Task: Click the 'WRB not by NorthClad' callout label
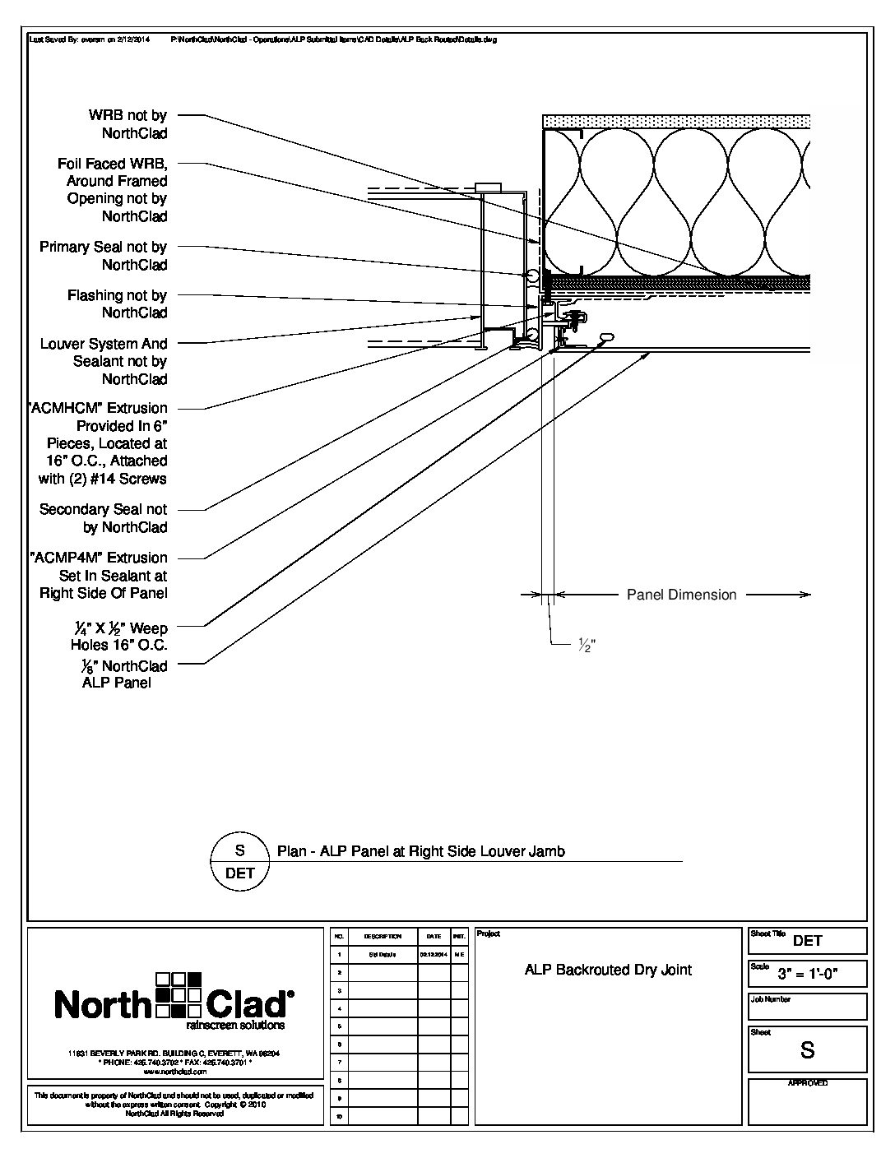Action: (x=128, y=124)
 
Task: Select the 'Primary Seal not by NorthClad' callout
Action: (x=104, y=256)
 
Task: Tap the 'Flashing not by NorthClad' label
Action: (x=118, y=303)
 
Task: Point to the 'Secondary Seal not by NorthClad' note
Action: (x=104, y=518)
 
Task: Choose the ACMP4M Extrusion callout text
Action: (x=100, y=575)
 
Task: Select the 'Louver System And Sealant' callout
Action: (x=104, y=361)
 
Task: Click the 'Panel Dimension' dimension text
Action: (x=681, y=595)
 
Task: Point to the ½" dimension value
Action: (x=586, y=646)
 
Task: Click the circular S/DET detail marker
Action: (x=239, y=861)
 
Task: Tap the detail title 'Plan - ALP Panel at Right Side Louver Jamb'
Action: (x=421, y=851)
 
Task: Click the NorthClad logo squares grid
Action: (x=179, y=995)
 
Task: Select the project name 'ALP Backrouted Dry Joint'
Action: (x=608, y=970)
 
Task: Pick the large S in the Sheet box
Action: (x=807, y=1050)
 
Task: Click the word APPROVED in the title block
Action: (x=807, y=1083)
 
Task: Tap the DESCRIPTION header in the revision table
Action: (x=383, y=937)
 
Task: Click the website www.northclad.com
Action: (x=174, y=1072)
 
